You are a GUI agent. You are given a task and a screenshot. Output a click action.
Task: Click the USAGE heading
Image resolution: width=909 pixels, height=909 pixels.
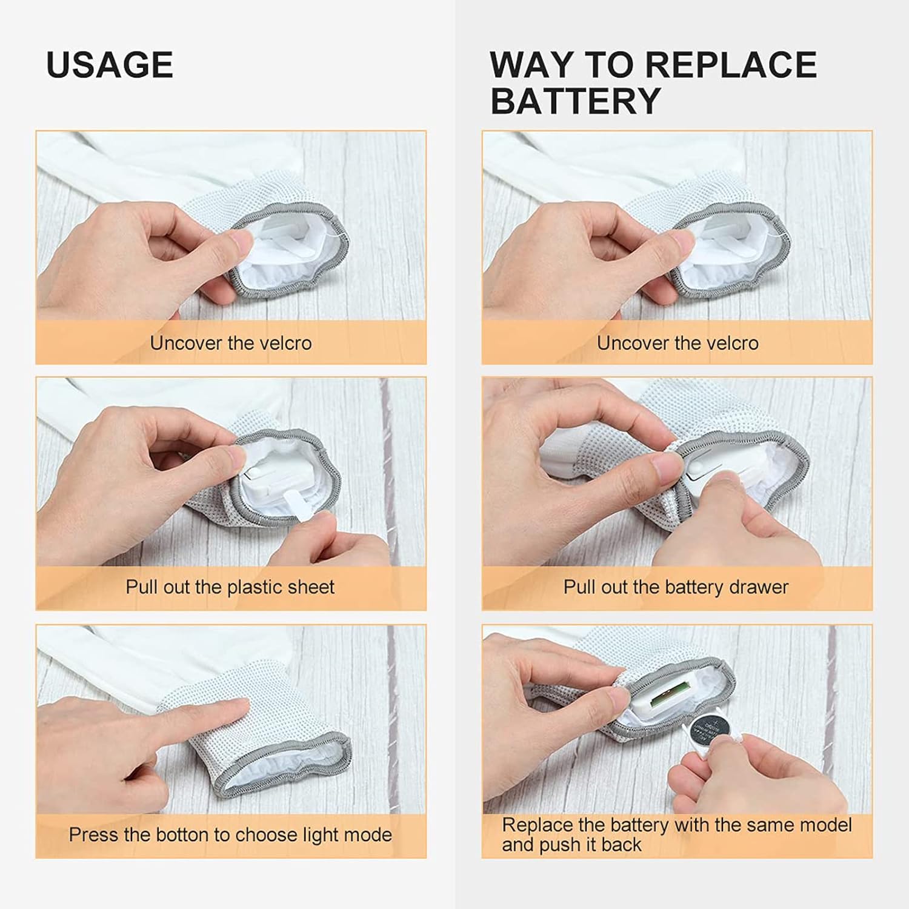click(x=110, y=65)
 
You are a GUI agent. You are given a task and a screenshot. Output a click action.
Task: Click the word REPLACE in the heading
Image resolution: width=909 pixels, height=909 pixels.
click(x=729, y=64)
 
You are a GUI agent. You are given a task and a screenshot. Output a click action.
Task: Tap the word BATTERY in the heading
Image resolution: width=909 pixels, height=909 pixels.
click(x=575, y=100)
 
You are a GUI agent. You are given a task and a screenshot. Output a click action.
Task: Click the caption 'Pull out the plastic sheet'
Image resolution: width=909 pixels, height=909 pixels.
click(x=230, y=587)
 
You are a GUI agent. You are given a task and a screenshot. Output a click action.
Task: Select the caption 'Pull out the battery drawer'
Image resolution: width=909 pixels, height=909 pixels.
click(x=676, y=587)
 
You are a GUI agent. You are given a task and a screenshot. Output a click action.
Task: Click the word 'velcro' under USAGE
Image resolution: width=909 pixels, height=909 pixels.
click(x=285, y=343)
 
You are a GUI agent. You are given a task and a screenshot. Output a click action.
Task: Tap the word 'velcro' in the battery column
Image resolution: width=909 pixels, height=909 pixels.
click(x=731, y=343)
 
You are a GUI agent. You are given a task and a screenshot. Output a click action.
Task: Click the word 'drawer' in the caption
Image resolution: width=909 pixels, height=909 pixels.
click(x=761, y=587)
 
